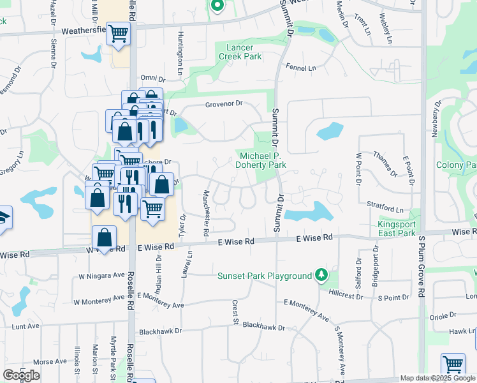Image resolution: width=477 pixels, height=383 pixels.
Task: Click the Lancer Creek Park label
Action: coord(240,52)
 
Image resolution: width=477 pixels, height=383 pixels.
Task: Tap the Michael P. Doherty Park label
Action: coord(263,160)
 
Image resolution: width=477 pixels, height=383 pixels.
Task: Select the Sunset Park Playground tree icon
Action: coord(323,275)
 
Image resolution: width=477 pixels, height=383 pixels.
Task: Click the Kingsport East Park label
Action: coord(397,229)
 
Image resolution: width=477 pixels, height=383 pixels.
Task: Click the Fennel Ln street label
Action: coord(302,68)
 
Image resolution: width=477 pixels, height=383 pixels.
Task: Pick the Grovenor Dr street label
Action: coord(224,103)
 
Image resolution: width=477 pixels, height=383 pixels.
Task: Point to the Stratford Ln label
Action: coord(385,209)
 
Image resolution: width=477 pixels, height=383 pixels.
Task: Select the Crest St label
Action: coord(235,313)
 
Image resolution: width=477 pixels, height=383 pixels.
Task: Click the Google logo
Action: coord(21,375)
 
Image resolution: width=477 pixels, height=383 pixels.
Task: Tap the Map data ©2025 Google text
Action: coord(437,379)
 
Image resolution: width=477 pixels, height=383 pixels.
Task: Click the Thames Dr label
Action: coord(385,164)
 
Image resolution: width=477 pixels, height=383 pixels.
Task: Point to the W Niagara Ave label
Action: coord(101,276)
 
